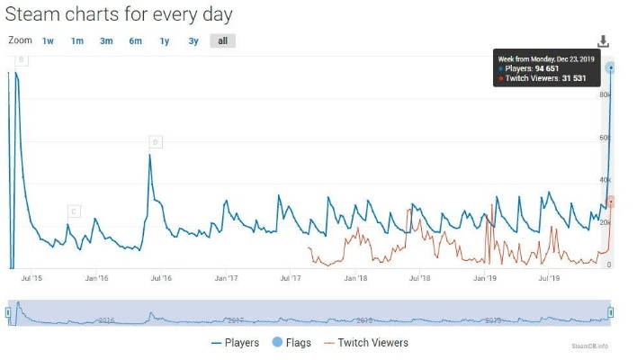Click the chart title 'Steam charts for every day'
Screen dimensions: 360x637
tap(119, 14)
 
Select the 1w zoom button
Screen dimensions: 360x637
tap(49, 40)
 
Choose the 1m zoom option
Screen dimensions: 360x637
tap(77, 40)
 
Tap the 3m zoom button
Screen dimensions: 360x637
tap(106, 40)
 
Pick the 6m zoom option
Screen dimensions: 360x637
tap(135, 40)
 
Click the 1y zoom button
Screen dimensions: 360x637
tap(165, 40)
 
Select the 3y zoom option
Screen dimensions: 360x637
tap(193, 40)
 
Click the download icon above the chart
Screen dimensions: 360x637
tap(603, 41)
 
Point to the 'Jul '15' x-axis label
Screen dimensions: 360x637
tap(31, 279)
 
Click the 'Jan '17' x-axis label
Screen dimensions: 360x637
tap(226, 279)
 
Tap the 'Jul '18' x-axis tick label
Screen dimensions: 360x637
tap(420, 279)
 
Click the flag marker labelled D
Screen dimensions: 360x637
tap(157, 141)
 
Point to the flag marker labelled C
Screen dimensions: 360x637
tap(74, 211)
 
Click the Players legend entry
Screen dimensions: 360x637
tap(235, 343)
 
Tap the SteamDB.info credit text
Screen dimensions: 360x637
tap(589, 346)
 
